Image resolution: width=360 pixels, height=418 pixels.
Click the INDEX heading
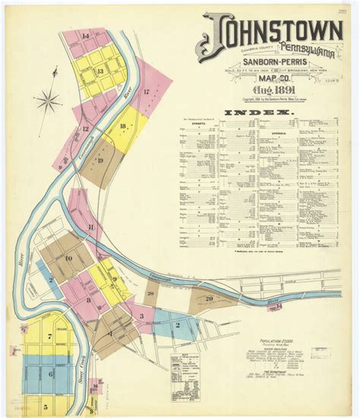click(x=258, y=113)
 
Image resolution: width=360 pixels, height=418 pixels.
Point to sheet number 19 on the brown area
click(x=99, y=160)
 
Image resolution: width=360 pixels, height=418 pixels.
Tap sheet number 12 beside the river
click(x=86, y=128)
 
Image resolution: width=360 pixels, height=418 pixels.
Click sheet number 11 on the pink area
click(x=90, y=226)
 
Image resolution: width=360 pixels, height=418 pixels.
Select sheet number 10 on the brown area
click(x=68, y=259)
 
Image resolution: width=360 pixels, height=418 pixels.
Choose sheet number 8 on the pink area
click(x=89, y=300)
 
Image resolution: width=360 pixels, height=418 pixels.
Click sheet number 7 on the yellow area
click(x=49, y=336)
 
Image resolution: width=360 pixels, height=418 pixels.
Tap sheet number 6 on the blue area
click(x=51, y=373)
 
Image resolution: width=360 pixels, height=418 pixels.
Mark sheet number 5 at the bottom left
click(x=46, y=407)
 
